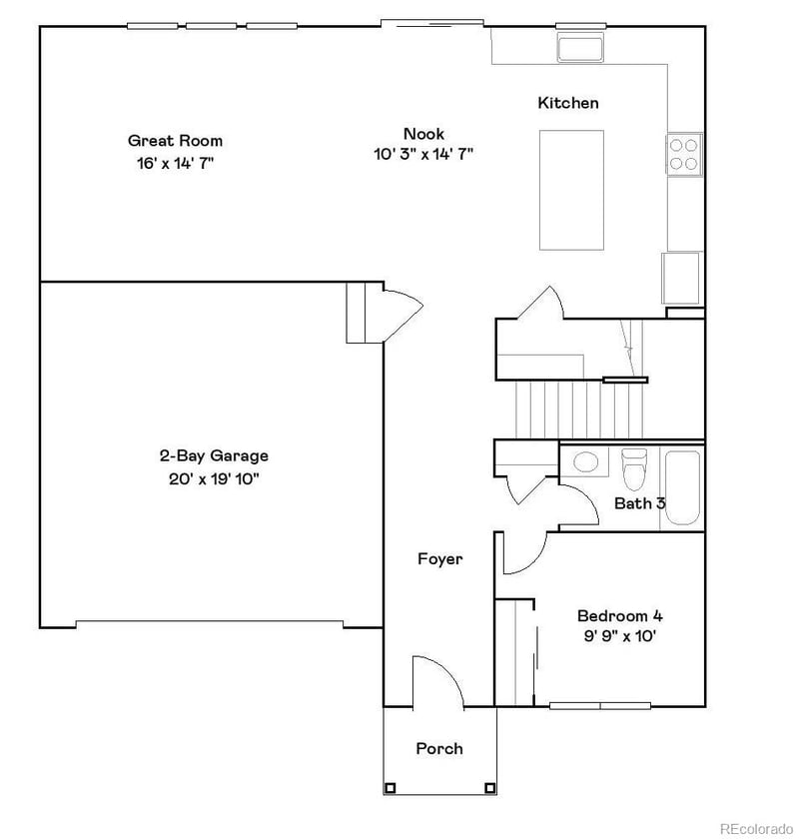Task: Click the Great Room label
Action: [x=175, y=141]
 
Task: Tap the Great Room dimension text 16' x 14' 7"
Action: [x=175, y=163]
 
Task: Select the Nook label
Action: [x=423, y=134]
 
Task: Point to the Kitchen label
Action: [x=568, y=103]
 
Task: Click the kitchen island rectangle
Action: [x=571, y=190]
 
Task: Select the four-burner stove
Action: [x=685, y=154]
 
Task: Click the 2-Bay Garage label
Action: [x=214, y=456]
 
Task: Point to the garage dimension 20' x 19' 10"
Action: [x=214, y=478]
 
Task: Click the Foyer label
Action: [x=439, y=559]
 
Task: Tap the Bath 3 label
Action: [x=639, y=503]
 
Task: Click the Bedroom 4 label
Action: [x=620, y=615]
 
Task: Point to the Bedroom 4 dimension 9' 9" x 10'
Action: [x=620, y=636]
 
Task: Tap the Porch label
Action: [x=439, y=748]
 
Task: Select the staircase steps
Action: [x=564, y=411]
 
